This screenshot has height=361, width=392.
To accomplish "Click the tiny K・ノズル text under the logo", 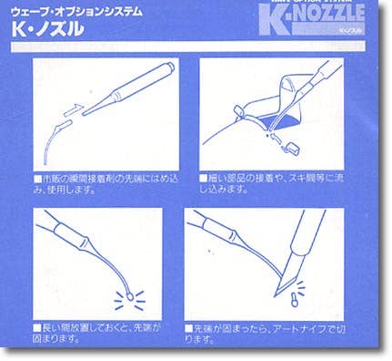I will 350,33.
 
